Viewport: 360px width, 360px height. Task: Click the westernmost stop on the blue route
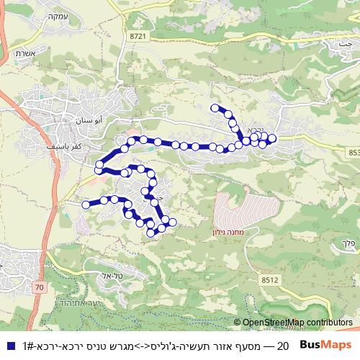pos(86,205)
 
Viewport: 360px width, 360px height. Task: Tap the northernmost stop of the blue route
pos(215,108)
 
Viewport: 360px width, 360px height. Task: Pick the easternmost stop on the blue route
pos(272,138)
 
